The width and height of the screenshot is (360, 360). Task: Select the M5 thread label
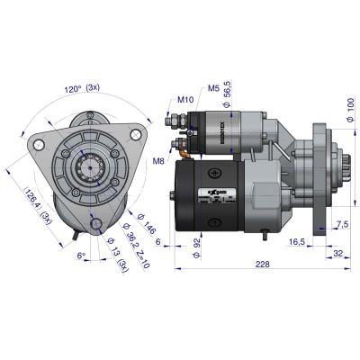[x=214, y=88]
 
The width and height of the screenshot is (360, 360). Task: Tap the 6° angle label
[x=84, y=255]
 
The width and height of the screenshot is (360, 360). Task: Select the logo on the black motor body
[x=210, y=191]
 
